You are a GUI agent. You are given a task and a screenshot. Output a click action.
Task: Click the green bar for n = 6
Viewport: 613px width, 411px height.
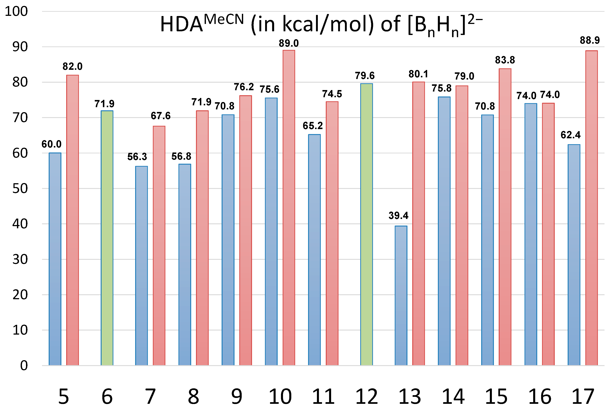tap(107, 238)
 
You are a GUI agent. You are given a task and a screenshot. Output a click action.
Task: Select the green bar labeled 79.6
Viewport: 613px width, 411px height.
tap(366, 224)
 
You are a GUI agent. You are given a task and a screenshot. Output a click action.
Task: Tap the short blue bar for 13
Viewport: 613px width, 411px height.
tap(401, 295)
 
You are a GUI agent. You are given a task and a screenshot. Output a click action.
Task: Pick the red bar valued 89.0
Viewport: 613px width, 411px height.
tap(289, 208)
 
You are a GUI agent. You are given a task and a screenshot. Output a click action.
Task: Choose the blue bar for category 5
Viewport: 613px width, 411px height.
tap(55, 259)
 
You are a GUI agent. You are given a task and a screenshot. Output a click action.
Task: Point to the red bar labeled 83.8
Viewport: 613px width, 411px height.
tap(505, 217)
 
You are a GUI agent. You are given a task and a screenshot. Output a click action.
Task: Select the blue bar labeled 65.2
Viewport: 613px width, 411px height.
tap(314, 250)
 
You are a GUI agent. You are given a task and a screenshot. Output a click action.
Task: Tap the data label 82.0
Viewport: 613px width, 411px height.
tap(72, 67)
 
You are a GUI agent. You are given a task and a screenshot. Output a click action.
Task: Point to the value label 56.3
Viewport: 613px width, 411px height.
tap(137, 157)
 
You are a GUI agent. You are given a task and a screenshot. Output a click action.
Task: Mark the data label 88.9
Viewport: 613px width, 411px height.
tap(590, 40)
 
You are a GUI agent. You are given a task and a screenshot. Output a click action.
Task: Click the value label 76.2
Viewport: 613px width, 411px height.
tap(244, 87)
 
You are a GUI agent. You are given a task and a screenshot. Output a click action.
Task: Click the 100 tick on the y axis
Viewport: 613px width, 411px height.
tap(16, 12)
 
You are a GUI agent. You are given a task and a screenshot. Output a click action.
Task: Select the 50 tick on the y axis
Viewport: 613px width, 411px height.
tap(20, 188)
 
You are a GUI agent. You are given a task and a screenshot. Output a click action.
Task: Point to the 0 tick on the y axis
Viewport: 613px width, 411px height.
tap(24, 365)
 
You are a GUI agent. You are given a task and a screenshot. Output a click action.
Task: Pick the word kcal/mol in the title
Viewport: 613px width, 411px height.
tap(328, 24)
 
